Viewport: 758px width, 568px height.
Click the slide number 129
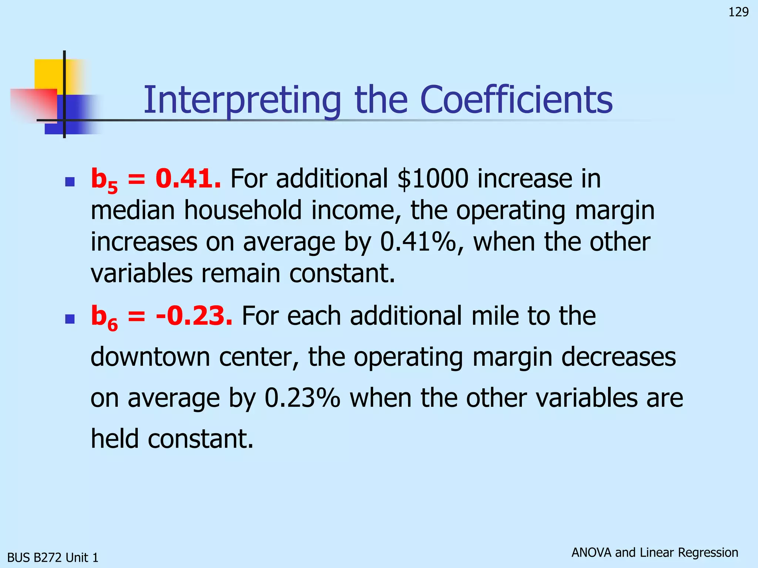click(738, 12)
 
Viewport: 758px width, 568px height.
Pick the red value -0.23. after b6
click(194, 316)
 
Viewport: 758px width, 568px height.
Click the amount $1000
click(433, 179)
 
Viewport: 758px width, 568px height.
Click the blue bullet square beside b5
click(70, 181)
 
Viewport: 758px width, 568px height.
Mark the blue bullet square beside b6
click(70, 319)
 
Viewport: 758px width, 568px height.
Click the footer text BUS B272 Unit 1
click(53, 557)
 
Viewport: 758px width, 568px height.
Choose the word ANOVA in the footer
click(591, 552)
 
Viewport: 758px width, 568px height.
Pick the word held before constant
click(114, 439)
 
